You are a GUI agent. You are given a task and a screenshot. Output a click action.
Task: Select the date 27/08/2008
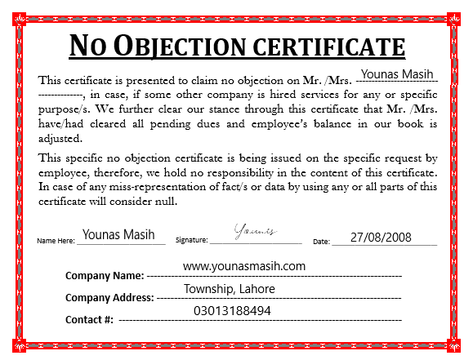[381, 237]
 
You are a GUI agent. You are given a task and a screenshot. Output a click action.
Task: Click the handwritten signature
[257, 232]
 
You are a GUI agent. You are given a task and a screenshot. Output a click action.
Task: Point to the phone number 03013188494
[232, 310]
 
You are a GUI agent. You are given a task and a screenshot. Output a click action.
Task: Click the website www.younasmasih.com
[243, 266]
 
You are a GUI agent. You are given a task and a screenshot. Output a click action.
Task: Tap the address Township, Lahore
[229, 289]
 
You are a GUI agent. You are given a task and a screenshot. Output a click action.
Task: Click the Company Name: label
[105, 276]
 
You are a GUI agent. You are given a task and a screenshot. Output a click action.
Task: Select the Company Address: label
[109, 298]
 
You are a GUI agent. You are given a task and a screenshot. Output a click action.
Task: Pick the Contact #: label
[89, 319]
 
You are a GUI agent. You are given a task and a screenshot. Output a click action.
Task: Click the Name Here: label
[56, 242]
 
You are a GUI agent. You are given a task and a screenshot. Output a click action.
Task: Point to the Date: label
[321, 242]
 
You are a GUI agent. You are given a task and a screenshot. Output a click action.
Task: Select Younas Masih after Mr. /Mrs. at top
[396, 76]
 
